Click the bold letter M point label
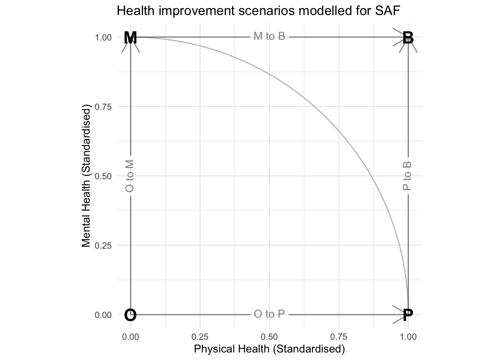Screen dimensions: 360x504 point(130,38)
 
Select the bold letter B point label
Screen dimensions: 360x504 point(408,38)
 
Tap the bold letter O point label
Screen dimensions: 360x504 point(130,315)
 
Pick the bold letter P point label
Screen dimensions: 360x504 point(408,315)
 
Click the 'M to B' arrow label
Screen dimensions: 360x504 point(269,36)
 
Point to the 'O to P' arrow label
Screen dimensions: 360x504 point(269,314)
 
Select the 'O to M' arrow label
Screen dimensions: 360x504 point(129,176)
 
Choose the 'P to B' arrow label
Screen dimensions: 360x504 point(407,176)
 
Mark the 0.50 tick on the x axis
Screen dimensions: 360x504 point(269,337)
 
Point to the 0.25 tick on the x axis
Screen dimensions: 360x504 point(200,337)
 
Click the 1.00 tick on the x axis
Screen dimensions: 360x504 point(408,337)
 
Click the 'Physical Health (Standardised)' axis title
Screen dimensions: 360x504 point(269,349)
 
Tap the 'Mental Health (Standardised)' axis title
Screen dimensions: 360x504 point(87,176)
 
